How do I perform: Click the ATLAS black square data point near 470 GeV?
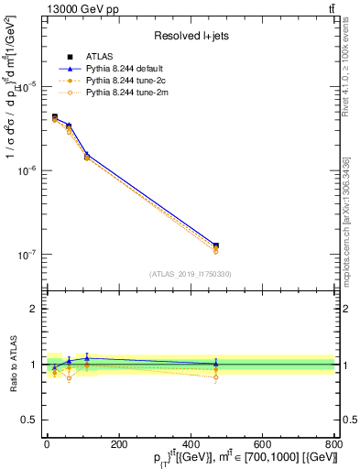coord(215,245)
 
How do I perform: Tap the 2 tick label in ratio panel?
coord(31,309)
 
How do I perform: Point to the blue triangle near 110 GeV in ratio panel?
coord(87,358)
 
